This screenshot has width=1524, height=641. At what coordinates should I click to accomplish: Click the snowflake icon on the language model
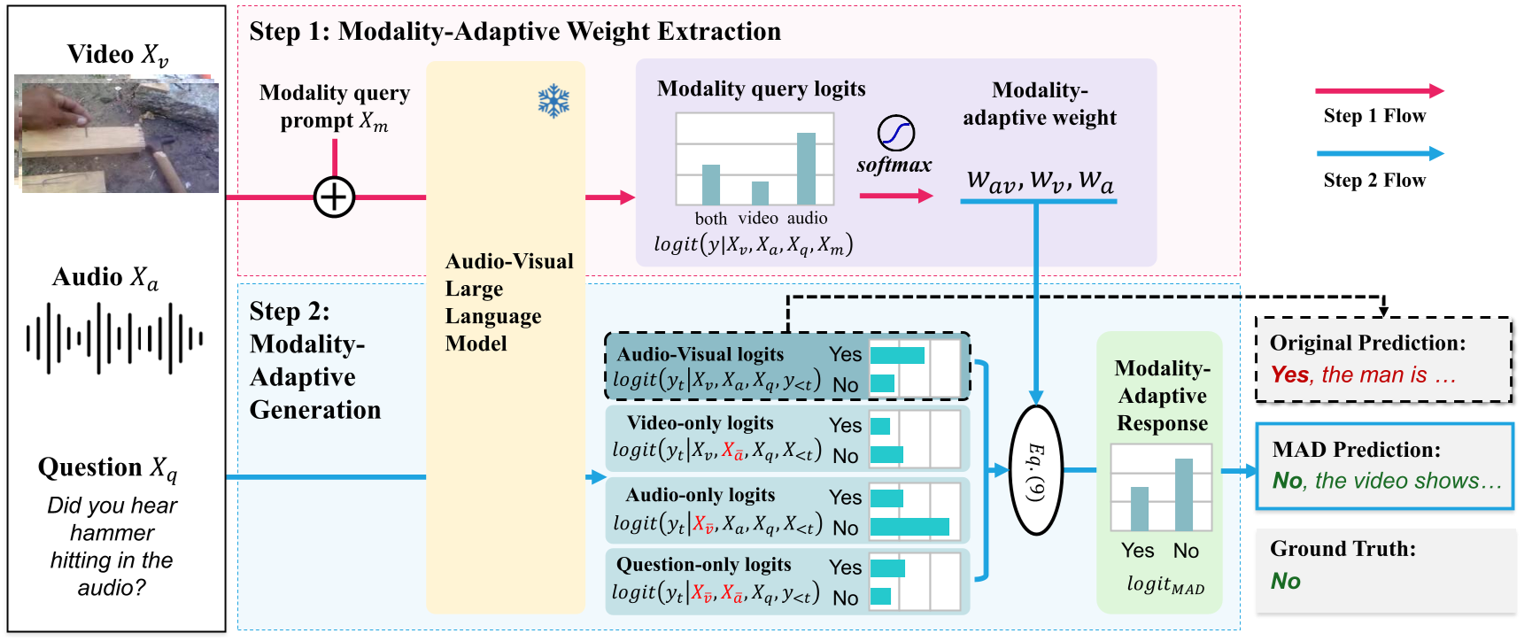coord(553,101)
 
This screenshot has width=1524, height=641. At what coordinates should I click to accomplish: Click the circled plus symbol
coord(335,197)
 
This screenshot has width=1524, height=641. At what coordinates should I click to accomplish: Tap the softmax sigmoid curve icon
coord(895,133)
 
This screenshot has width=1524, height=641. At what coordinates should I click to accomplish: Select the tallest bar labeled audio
coord(806,168)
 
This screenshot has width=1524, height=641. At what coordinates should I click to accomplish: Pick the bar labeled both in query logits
coord(710,184)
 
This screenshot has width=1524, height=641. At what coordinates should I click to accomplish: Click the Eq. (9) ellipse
coord(1035,470)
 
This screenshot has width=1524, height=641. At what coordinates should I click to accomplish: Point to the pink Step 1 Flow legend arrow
coord(1379,90)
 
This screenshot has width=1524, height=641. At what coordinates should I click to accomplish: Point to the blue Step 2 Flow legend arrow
coord(1379,153)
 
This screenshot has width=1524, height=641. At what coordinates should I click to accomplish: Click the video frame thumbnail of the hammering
coord(117,135)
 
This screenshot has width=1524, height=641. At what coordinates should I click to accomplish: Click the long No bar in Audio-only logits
coord(909,527)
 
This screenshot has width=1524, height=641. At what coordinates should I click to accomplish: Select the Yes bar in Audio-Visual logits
coord(897,355)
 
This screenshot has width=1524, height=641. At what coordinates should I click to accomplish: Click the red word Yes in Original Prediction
coord(1289,375)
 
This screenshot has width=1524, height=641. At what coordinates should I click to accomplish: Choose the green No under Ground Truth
coord(1285,581)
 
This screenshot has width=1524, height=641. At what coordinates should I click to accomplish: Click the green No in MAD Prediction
coord(1287,481)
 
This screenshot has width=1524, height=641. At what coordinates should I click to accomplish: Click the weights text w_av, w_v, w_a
coord(1040,181)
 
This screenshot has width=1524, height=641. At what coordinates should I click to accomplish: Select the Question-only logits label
coord(703,565)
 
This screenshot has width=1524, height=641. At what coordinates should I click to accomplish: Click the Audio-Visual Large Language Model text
coord(508,302)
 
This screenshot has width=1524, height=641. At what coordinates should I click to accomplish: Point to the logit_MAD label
coord(1164,584)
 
